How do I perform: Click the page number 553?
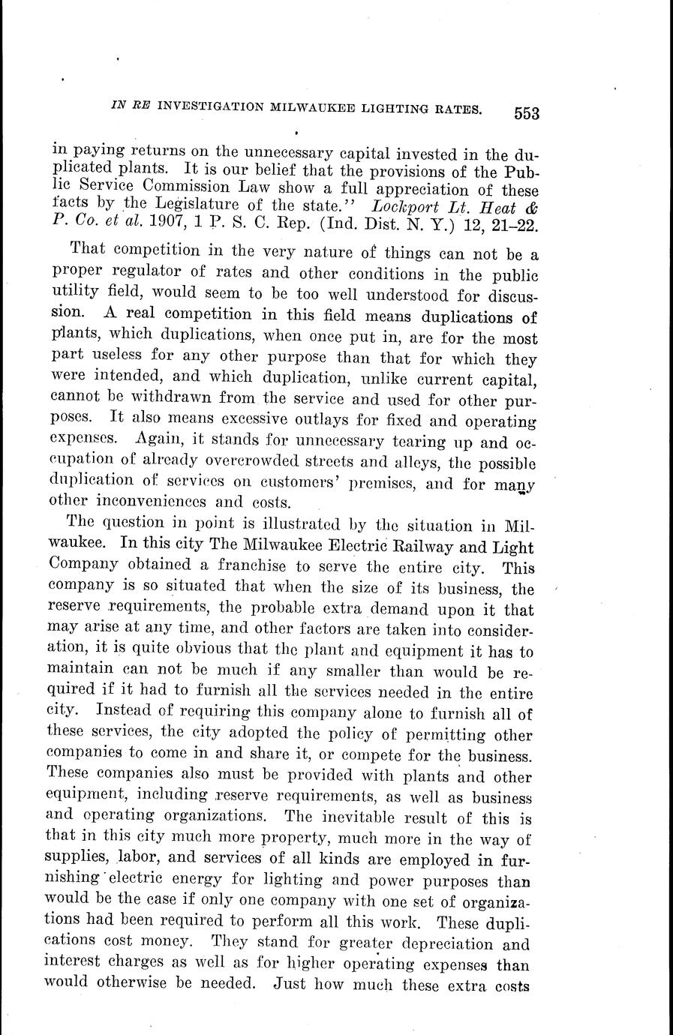tap(527, 113)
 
